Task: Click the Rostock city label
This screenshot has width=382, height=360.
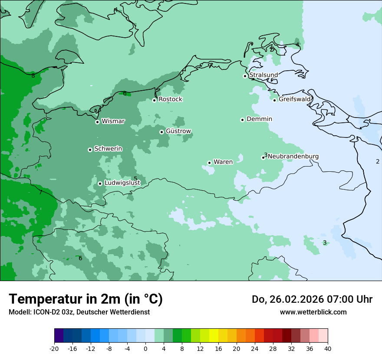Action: (x=170, y=99)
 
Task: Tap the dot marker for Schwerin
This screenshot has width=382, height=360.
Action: (x=90, y=150)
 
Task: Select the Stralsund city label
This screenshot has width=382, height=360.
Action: (x=263, y=75)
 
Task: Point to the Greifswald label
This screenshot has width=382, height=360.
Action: (x=295, y=99)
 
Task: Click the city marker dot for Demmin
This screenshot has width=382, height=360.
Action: (x=242, y=120)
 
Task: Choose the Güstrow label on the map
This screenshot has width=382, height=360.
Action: (x=178, y=131)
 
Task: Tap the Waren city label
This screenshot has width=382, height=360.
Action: (x=223, y=162)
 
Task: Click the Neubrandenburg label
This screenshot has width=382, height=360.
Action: (x=293, y=157)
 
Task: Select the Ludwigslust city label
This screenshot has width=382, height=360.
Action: (x=122, y=183)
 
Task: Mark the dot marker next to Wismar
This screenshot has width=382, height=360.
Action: (x=97, y=122)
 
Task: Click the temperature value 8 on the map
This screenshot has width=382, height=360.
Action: (x=33, y=76)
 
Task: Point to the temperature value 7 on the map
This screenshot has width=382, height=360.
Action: (x=40, y=192)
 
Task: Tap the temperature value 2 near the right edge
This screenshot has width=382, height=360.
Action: (x=378, y=162)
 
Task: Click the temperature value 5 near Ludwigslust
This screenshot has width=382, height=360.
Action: (x=135, y=179)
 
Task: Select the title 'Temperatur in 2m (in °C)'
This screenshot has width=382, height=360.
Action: (x=86, y=299)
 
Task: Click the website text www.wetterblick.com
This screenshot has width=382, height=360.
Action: (x=313, y=312)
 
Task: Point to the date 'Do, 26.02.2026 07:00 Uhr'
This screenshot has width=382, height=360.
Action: (x=312, y=299)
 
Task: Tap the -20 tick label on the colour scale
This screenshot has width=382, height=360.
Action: (x=54, y=348)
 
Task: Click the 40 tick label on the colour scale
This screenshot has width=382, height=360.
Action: (x=328, y=348)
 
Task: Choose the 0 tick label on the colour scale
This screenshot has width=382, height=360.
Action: (x=145, y=348)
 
